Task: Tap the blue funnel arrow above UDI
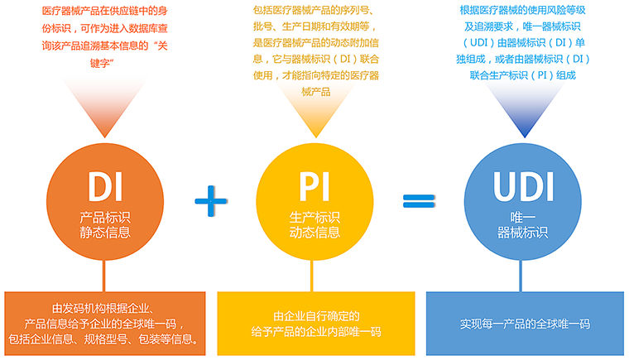coord(521,111)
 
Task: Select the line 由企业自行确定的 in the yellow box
coord(317,315)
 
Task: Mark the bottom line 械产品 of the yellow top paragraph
coord(315,91)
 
